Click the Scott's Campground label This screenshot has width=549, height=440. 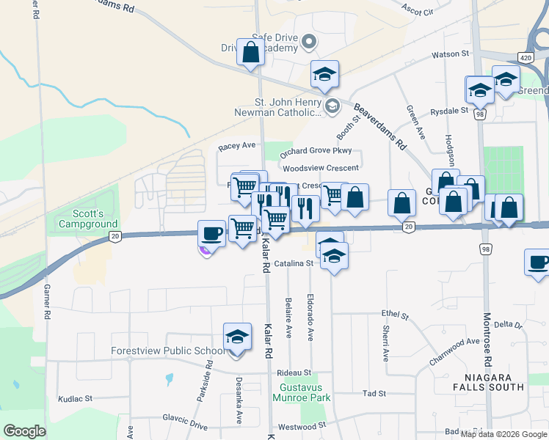[x=87, y=218]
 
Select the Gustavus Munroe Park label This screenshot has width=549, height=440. [x=305, y=392]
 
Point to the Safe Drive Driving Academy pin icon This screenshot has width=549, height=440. [x=309, y=43]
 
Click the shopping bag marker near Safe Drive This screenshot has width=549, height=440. [x=250, y=53]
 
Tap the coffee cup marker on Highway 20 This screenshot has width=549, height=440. [x=212, y=234]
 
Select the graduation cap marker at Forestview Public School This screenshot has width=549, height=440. [x=237, y=337]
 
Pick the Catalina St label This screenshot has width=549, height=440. [x=295, y=263]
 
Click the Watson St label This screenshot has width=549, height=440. [x=450, y=54]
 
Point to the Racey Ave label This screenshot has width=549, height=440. [x=236, y=147]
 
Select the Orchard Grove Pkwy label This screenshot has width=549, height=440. [x=316, y=151]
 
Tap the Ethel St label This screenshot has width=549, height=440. [x=395, y=315]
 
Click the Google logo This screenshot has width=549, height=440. [x=24, y=431]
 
